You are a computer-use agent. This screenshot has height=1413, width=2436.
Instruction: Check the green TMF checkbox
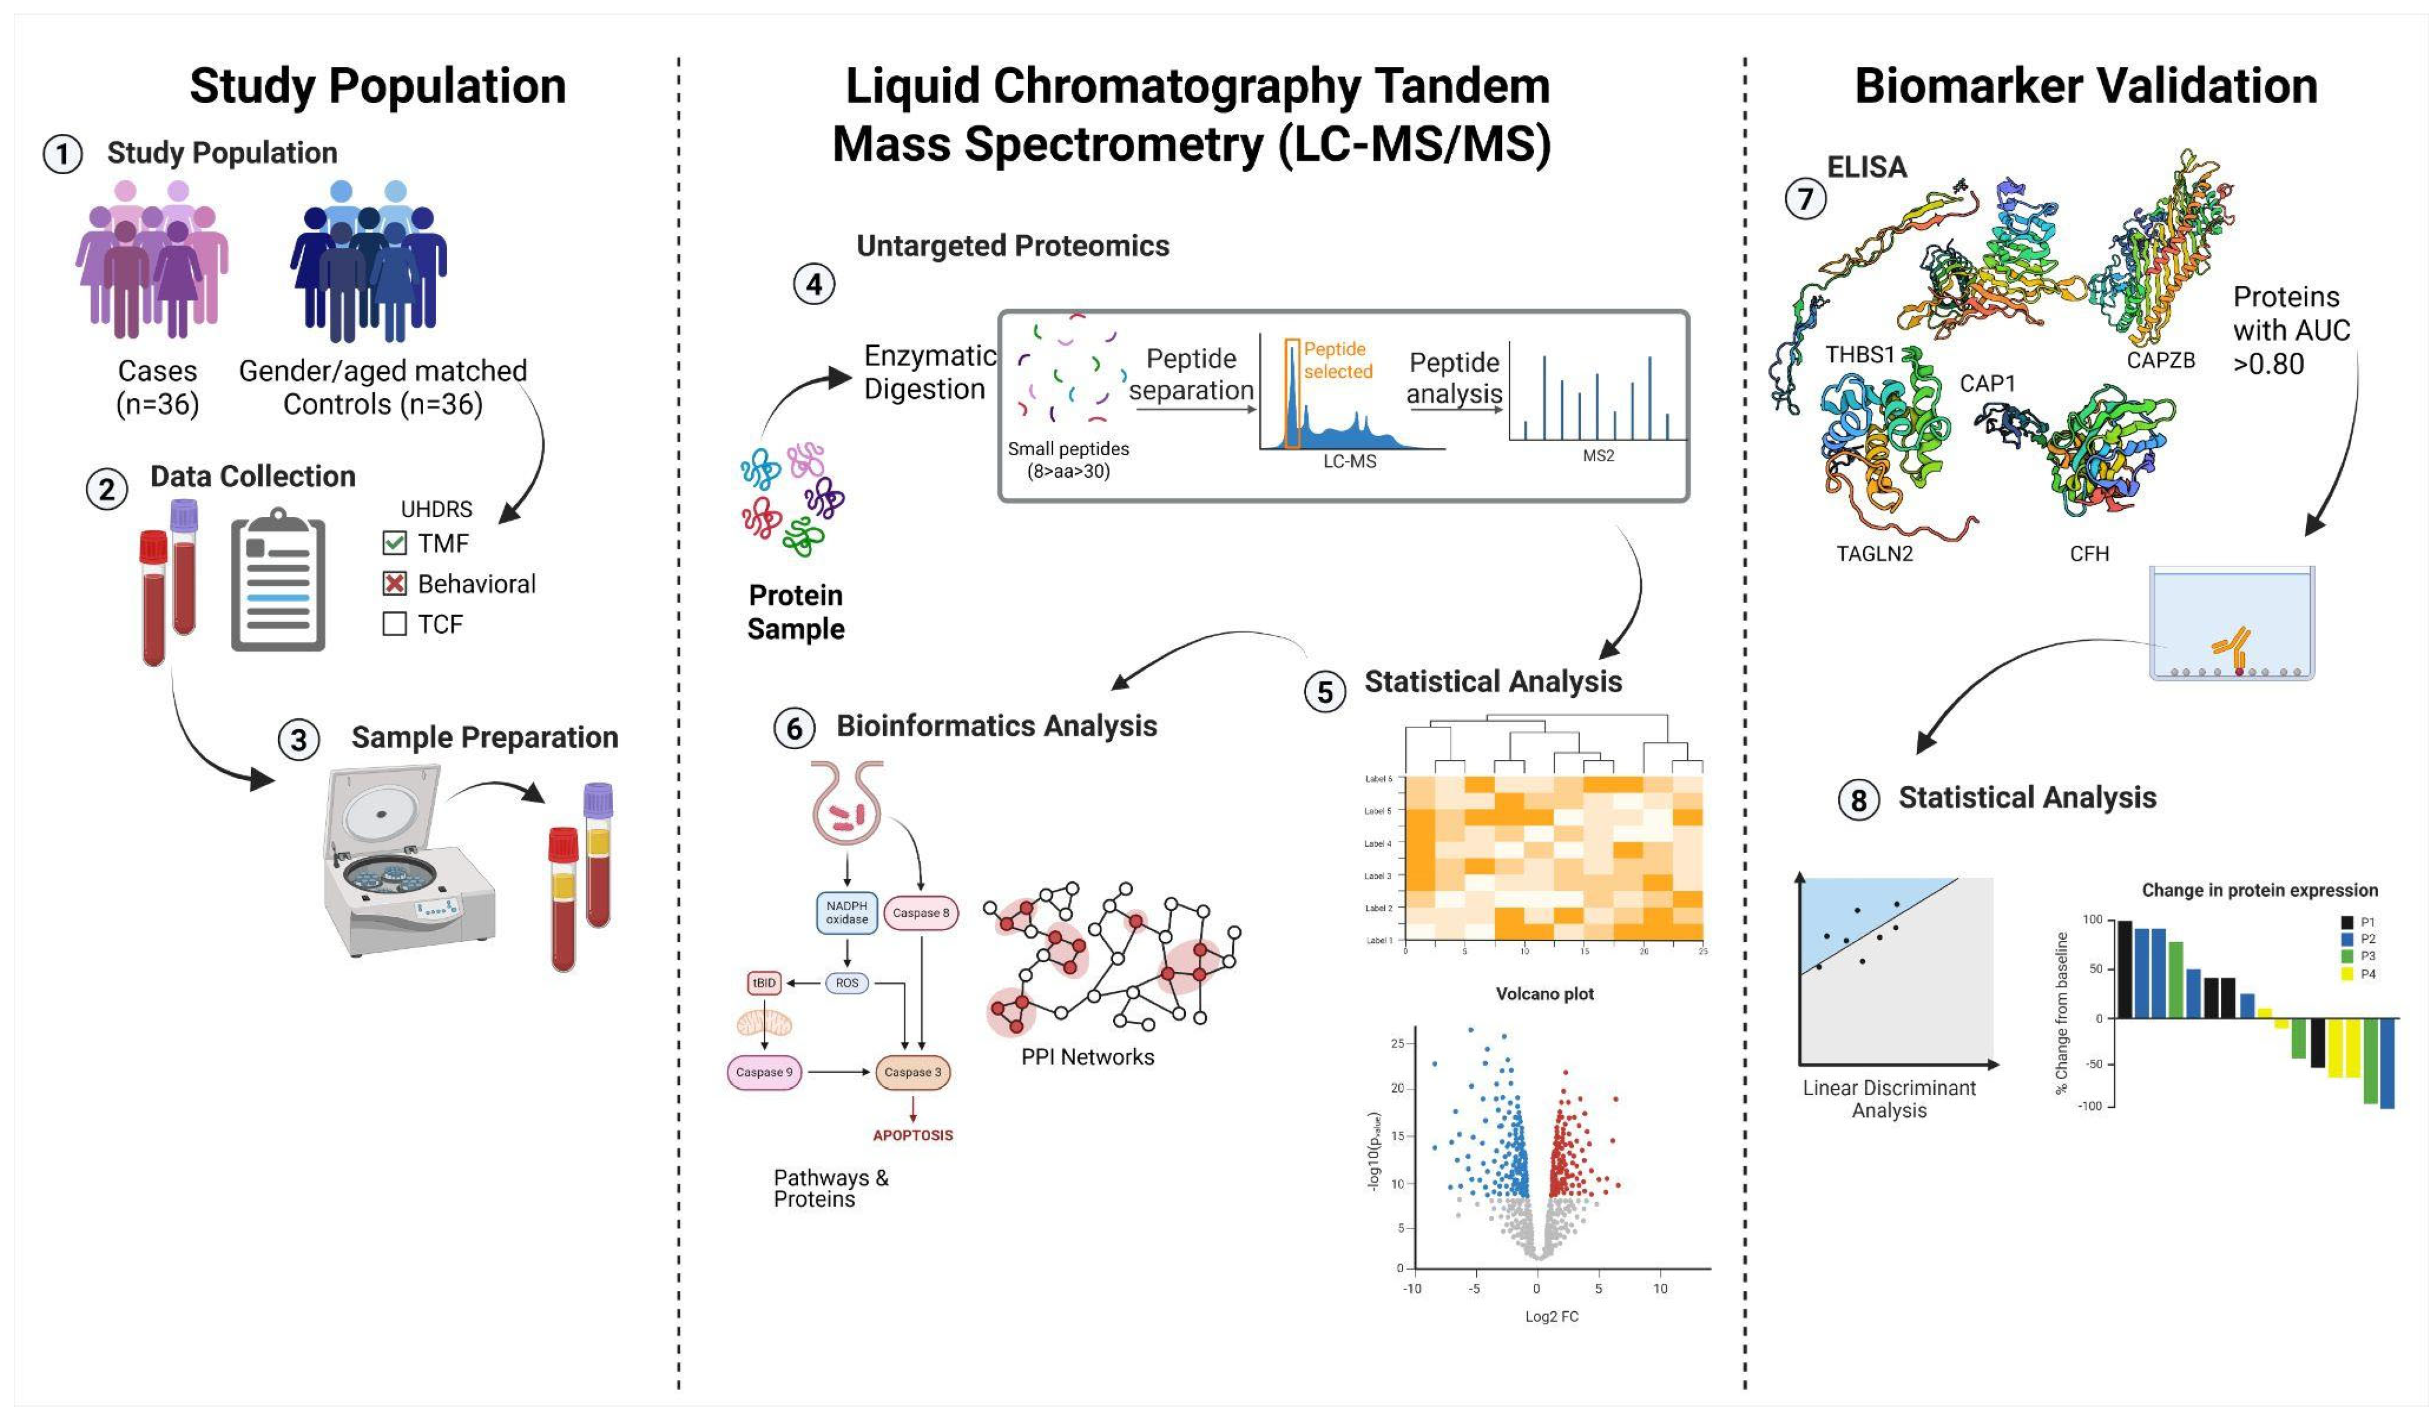(395, 543)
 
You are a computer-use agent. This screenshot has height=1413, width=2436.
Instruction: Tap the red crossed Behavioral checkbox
(395, 584)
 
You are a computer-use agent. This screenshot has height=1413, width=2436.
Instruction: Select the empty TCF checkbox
(395, 624)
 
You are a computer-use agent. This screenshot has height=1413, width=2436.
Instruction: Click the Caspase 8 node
(920, 912)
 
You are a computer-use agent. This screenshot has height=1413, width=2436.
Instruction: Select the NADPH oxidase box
(847, 912)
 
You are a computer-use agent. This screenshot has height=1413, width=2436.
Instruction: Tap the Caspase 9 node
(764, 1072)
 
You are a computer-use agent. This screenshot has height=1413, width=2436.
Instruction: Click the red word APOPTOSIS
(913, 1135)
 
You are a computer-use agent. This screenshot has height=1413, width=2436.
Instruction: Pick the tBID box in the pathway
(764, 983)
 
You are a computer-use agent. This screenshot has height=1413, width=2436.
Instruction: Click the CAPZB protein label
(2161, 360)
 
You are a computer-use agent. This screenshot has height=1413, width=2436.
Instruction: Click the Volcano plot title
(1545, 994)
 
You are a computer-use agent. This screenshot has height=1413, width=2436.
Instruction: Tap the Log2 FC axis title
(1551, 1316)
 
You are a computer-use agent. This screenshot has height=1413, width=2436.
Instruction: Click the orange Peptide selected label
(1338, 360)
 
